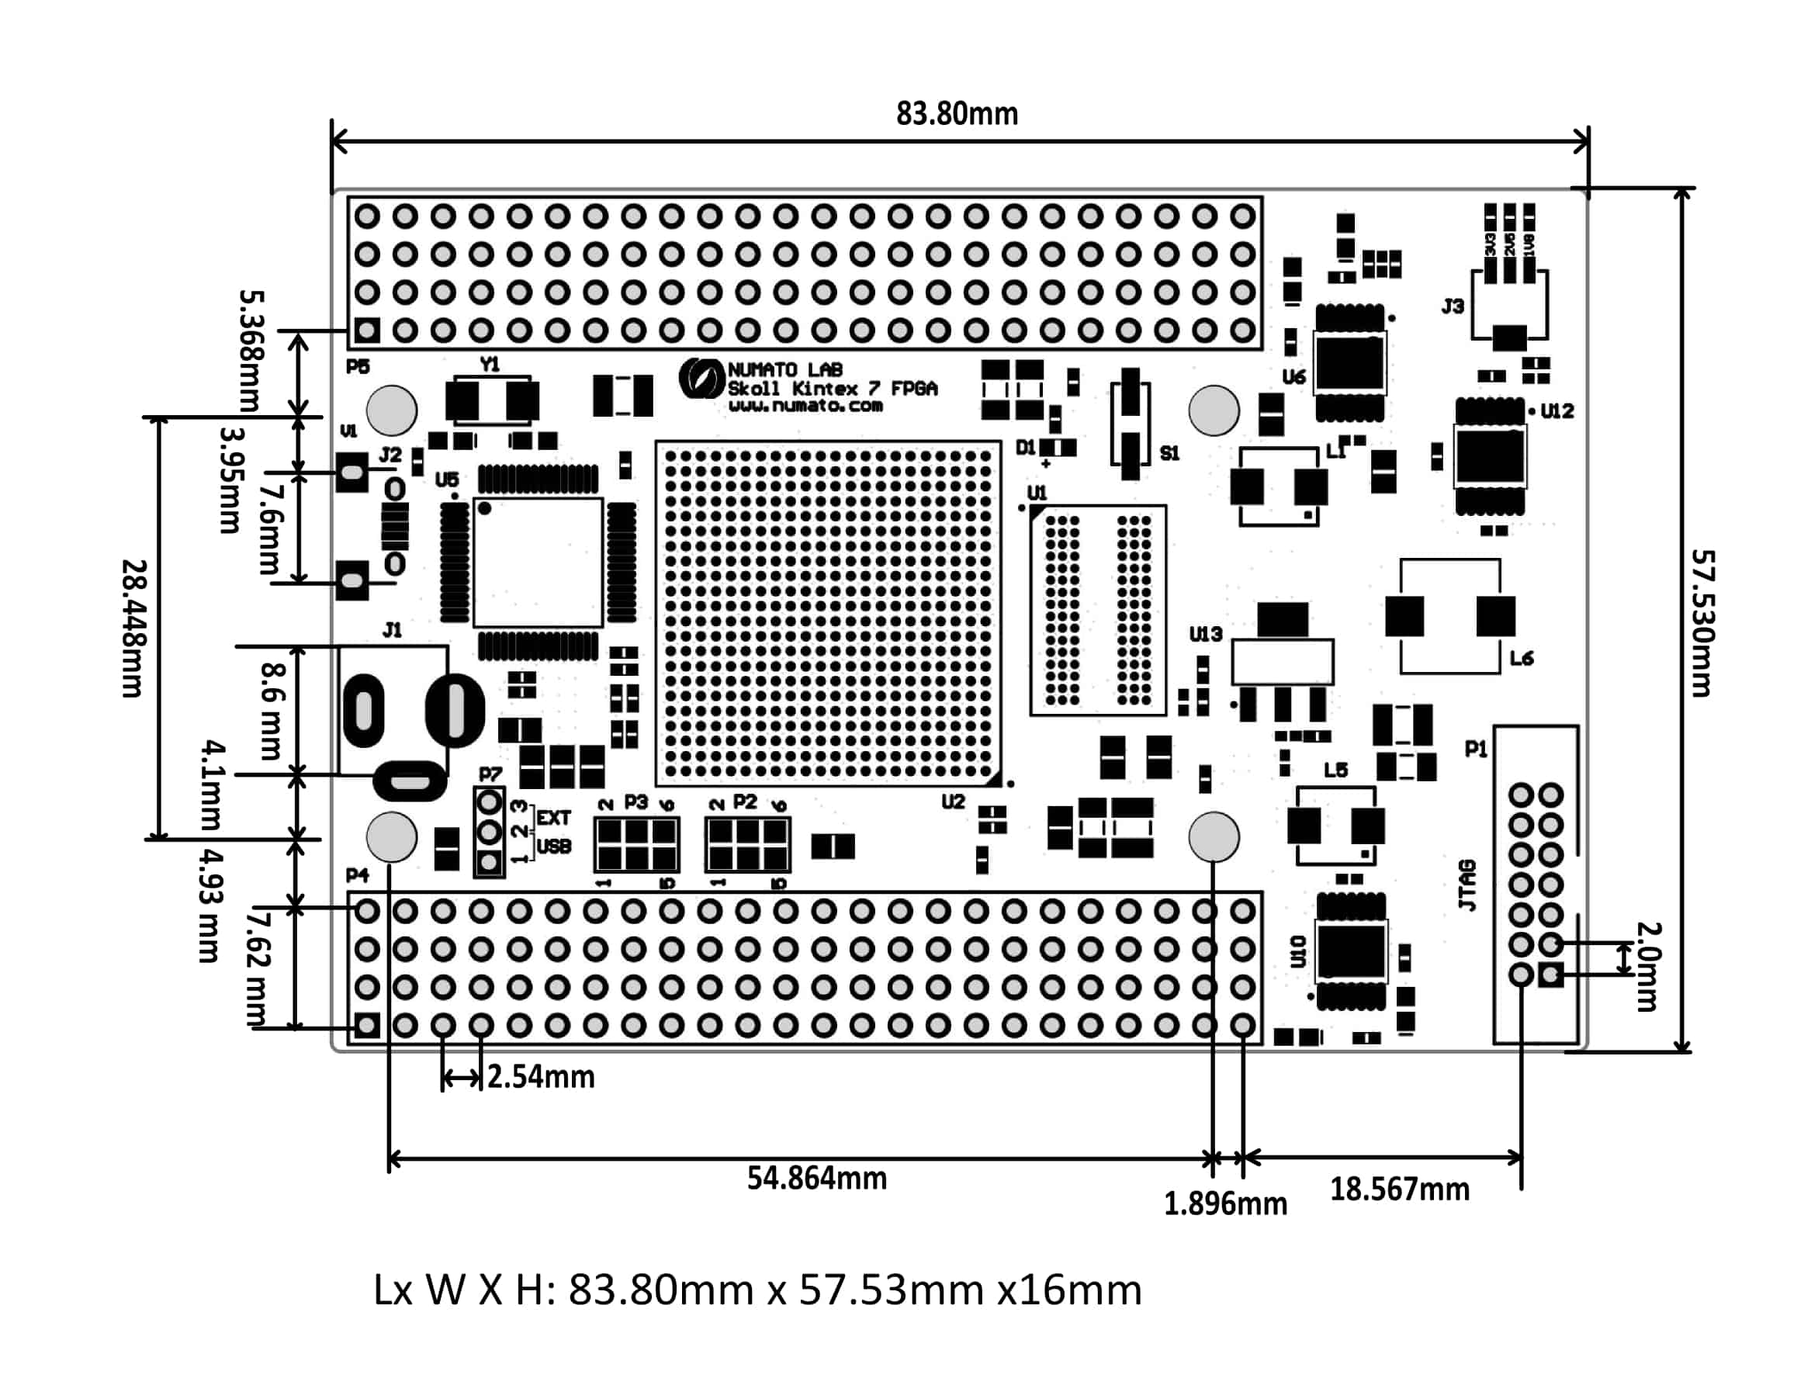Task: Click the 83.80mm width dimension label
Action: (x=956, y=114)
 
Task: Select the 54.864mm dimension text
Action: (x=816, y=1178)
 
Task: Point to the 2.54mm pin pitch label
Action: (x=540, y=1077)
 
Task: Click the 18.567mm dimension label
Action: (x=1400, y=1189)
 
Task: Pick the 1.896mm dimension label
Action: (x=1225, y=1204)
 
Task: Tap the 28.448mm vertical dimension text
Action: (x=134, y=628)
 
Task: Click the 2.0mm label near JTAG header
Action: (x=1647, y=966)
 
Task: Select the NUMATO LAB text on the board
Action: (x=784, y=369)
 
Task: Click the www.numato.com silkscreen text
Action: (x=805, y=406)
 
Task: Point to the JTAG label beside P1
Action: (x=1467, y=885)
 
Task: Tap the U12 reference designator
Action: (x=1557, y=411)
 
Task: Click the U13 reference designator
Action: (x=1206, y=634)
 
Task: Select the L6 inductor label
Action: (x=1522, y=659)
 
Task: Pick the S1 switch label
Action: (x=1169, y=453)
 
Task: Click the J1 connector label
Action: (x=392, y=631)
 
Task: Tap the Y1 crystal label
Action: (x=490, y=365)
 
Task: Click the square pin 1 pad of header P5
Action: (x=367, y=331)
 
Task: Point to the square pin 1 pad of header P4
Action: (x=367, y=1026)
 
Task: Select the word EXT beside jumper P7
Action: (x=553, y=819)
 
